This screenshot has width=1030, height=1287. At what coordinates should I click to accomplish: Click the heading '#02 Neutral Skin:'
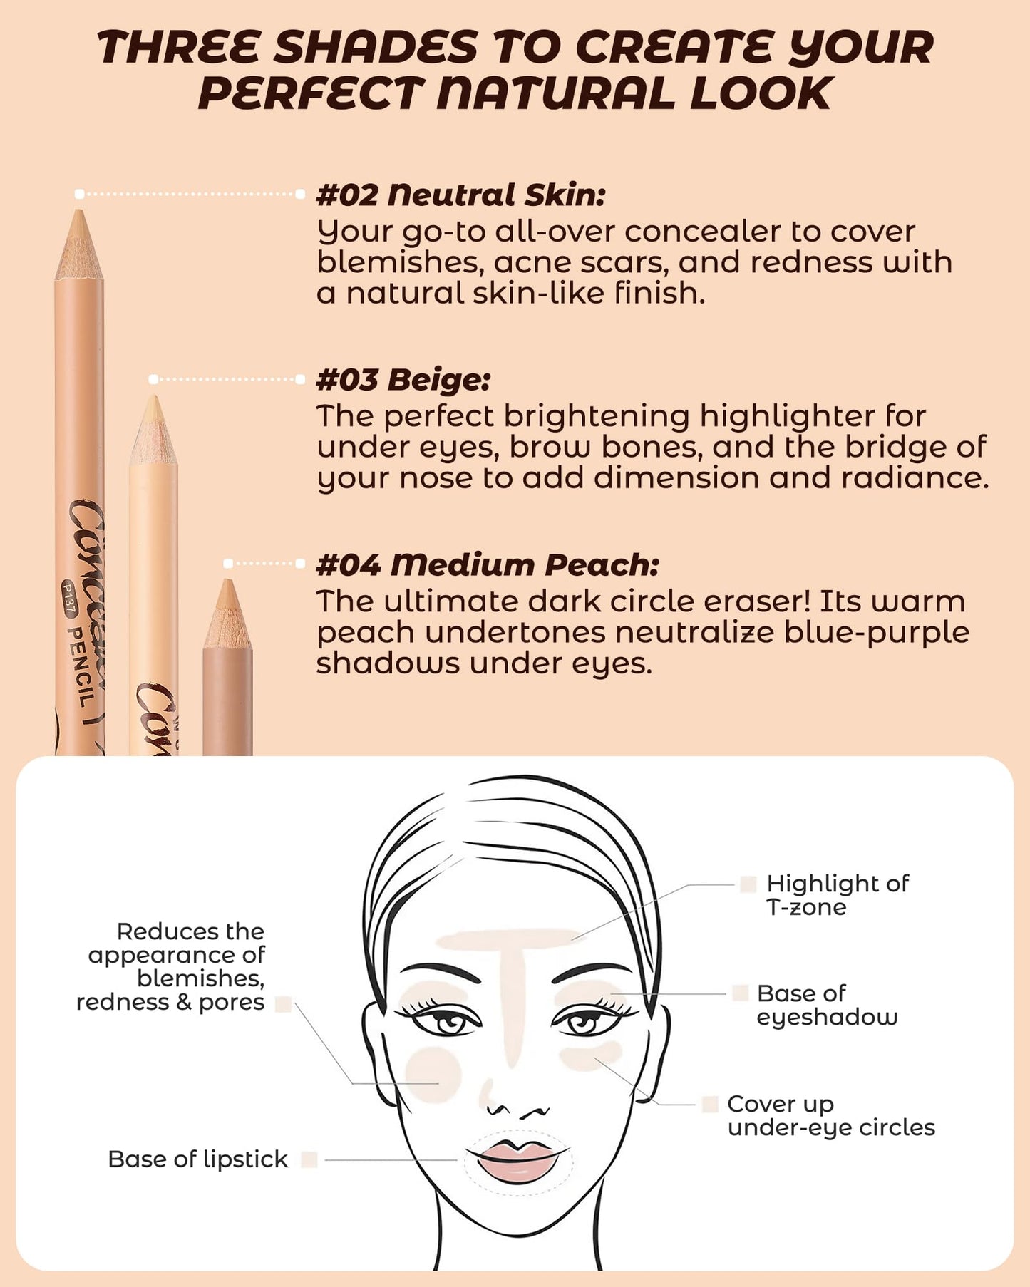(x=460, y=195)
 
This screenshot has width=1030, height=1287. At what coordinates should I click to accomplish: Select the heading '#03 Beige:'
(x=403, y=379)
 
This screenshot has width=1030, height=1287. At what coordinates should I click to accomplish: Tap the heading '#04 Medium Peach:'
(x=488, y=564)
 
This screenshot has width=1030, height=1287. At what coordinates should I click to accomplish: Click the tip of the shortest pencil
(x=227, y=580)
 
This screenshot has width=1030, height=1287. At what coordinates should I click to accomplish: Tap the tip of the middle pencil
(x=153, y=397)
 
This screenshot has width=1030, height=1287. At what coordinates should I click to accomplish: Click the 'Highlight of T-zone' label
(x=838, y=895)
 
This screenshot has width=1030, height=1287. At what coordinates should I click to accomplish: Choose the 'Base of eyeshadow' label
(x=827, y=1005)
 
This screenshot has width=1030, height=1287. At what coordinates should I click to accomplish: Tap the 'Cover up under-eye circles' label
(x=831, y=1115)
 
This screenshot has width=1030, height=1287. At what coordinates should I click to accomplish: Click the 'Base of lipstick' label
(x=197, y=1159)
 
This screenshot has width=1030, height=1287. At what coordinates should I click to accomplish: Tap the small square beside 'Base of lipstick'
(x=309, y=1159)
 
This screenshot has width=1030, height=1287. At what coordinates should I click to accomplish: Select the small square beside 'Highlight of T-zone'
(x=748, y=884)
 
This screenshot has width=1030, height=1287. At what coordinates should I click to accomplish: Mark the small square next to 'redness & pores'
(x=283, y=1004)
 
